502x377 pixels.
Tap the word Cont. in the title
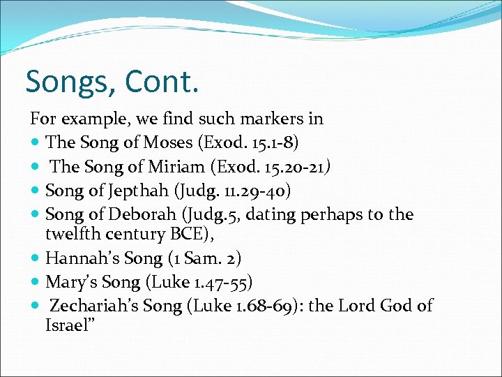click(162, 82)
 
